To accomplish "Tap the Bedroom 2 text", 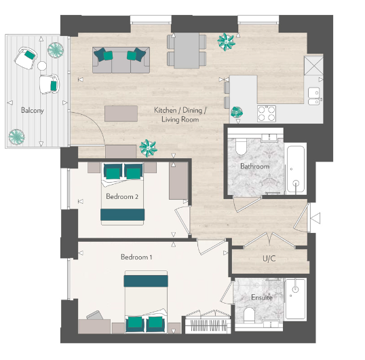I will tap(123, 197).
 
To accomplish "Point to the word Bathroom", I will tap(254, 166).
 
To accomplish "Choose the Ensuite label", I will tap(261, 298).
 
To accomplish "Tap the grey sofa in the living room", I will tap(120, 60).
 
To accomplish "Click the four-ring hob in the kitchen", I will tap(267, 111).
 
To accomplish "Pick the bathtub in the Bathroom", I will tap(296, 168).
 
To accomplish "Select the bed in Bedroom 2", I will tap(123, 194).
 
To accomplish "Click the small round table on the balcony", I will tap(42, 67).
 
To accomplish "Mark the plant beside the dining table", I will tap(225, 42).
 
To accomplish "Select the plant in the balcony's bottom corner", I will tap(16, 137).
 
